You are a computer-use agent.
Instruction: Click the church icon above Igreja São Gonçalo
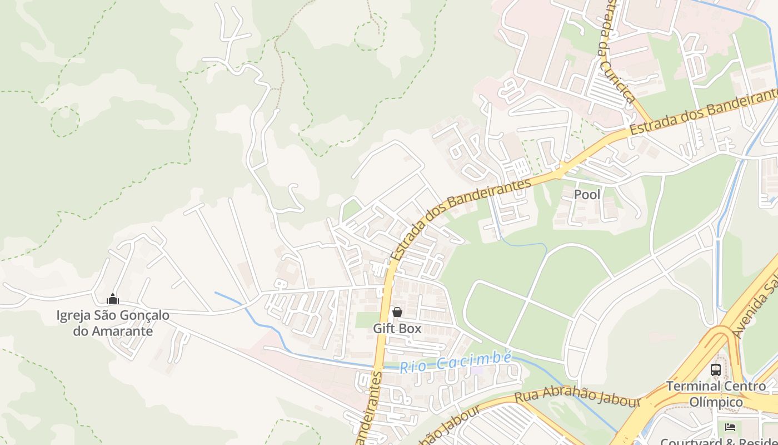[x=113, y=299]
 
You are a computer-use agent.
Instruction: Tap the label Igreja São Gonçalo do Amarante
[x=113, y=323]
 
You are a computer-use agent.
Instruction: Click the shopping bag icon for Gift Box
[x=397, y=313]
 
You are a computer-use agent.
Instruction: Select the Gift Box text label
[x=397, y=329]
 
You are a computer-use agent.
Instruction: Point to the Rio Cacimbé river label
[x=455, y=362]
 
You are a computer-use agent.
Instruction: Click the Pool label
[x=587, y=195]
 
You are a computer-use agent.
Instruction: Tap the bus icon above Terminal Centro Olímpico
[x=716, y=369]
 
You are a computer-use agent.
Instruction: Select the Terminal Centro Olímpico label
[x=716, y=394]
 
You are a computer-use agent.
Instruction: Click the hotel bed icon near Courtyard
[x=730, y=427]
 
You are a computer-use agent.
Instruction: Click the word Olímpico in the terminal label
[x=716, y=402]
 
